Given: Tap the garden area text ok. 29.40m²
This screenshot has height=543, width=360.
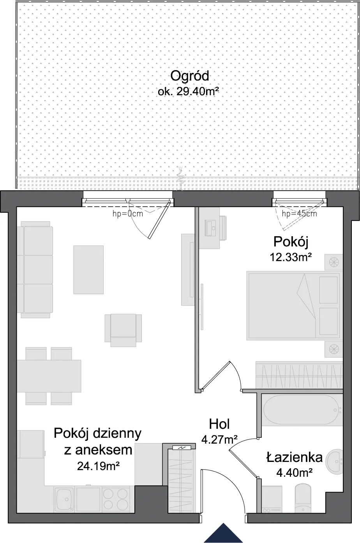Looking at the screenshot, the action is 189,92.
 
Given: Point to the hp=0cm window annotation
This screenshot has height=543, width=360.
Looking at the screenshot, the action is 128,214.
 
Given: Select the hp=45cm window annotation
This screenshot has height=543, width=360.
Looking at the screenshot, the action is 299,214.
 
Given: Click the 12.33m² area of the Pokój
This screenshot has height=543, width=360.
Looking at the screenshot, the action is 291,257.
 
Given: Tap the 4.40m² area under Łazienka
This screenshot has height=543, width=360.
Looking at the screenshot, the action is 294,472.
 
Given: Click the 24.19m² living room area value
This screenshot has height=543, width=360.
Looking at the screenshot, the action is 98,466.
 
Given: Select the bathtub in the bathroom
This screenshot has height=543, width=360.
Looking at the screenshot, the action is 302,410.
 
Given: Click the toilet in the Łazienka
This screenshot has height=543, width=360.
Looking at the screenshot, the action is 303,499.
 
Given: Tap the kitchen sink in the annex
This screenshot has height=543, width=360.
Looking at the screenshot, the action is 64,499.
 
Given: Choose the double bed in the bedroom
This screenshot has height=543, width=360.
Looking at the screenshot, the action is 293,306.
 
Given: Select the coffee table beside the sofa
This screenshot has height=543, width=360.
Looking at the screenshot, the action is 88,270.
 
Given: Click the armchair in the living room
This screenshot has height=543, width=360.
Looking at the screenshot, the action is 123,330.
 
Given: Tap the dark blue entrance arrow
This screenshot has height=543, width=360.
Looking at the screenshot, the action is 223,533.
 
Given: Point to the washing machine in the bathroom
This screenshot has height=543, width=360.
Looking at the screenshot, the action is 272,499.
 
